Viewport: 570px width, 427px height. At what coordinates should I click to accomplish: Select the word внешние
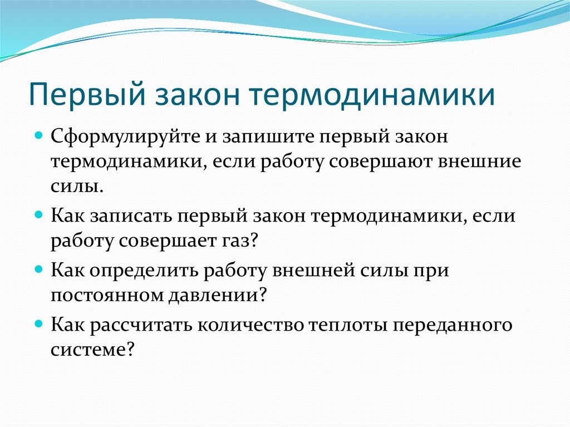479,162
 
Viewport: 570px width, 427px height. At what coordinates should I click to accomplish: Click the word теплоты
348,325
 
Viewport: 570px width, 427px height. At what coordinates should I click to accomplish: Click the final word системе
93,350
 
